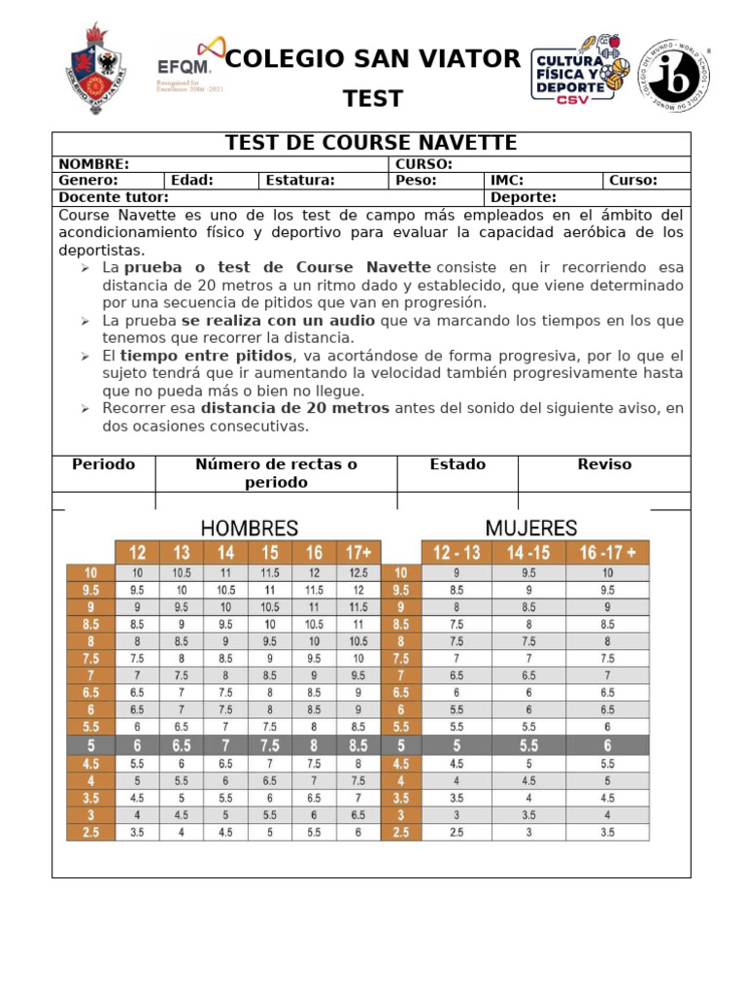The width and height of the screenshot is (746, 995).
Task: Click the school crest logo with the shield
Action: pos(95,69)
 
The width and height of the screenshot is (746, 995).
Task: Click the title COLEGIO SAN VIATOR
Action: pos(373,59)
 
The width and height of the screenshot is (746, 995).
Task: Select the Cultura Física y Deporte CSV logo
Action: pos(581,68)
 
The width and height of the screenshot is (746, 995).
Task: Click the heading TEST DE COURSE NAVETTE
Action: pos(371,144)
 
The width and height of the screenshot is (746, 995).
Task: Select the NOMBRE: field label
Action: pos(94,164)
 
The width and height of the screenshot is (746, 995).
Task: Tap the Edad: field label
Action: pos(192,180)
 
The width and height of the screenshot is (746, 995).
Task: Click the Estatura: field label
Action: pos(300,180)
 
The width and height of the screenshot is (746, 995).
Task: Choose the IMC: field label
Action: pos(508,180)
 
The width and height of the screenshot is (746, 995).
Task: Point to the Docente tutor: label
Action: pos(114,197)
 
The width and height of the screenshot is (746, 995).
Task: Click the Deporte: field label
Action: pos(524,197)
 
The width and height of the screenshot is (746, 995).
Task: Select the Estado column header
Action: pos(458,464)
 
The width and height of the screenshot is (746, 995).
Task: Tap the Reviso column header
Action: pos(604,464)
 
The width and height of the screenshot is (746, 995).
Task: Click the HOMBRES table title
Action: pos(250,529)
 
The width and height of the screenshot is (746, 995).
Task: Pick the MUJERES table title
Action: pos(531,529)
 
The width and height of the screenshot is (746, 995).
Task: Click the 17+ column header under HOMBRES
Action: pos(358,553)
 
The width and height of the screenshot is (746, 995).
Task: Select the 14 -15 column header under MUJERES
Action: pos(528,553)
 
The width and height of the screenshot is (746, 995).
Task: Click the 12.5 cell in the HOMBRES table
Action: pos(358,573)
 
